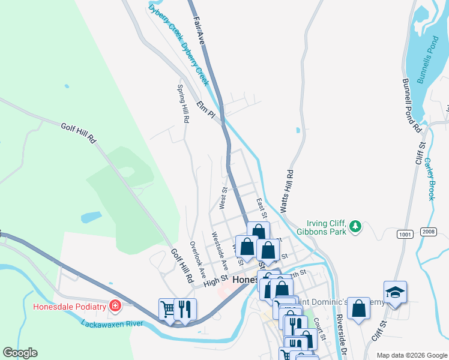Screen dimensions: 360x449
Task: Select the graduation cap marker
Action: tap(395, 292)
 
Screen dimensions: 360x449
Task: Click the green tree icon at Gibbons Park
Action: tap(356, 226)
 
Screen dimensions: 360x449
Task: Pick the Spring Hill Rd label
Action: tap(182, 103)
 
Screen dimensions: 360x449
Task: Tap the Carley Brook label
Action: tap(429, 178)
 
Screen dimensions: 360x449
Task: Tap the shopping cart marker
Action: tap(168, 309)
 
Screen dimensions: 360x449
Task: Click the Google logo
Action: tap(20, 353)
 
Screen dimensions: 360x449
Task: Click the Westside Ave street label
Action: tap(220, 251)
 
